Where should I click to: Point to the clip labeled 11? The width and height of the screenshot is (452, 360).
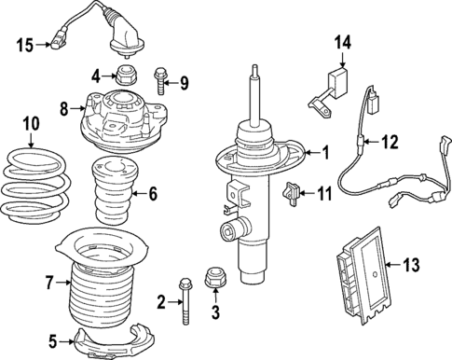point(292,193)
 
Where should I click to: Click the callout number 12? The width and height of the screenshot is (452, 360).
point(390,142)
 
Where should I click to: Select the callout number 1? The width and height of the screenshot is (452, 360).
point(325,151)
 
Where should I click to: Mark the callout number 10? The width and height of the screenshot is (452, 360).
point(31,121)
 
